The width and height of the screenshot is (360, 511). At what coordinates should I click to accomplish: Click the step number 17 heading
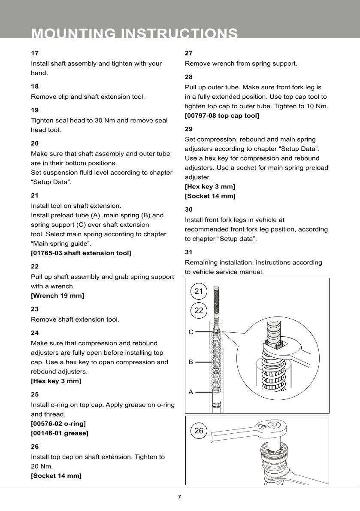(x=34, y=53)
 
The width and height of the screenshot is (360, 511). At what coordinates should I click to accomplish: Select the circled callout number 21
(x=199, y=292)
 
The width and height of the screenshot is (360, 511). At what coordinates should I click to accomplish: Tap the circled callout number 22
(x=199, y=310)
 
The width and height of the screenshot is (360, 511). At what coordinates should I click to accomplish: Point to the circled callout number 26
(x=199, y=431)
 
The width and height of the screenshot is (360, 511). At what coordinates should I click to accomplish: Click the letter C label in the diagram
(x=191, y=332)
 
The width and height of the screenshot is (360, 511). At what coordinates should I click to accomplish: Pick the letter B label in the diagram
(x=191, y=362)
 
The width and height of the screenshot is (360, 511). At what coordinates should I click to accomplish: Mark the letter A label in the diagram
(x=191, y=392)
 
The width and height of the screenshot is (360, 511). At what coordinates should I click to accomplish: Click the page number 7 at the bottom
(x=180, y=497)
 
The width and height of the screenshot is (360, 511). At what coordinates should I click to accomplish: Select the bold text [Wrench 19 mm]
(x=57, y=295)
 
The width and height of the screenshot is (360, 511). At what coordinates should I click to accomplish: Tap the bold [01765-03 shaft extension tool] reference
(x=81, y=253)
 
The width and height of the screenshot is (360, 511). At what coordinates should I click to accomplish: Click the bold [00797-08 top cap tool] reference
(x=222, y=116)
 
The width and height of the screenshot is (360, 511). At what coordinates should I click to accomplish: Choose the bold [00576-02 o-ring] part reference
(x=58, y=423)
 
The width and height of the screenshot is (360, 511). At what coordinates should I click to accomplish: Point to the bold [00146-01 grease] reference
(x=60, y=433)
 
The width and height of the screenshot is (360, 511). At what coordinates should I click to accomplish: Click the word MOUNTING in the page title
(x=73, y=33)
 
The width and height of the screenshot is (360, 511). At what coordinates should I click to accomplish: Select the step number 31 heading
(x=188, y=252)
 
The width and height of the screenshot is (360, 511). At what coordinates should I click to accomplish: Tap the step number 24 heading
(x=35, y=333)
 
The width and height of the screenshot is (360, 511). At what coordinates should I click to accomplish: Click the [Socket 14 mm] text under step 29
(x=210, y=196)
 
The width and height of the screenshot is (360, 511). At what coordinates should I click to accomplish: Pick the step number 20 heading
(x=35, y=143)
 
